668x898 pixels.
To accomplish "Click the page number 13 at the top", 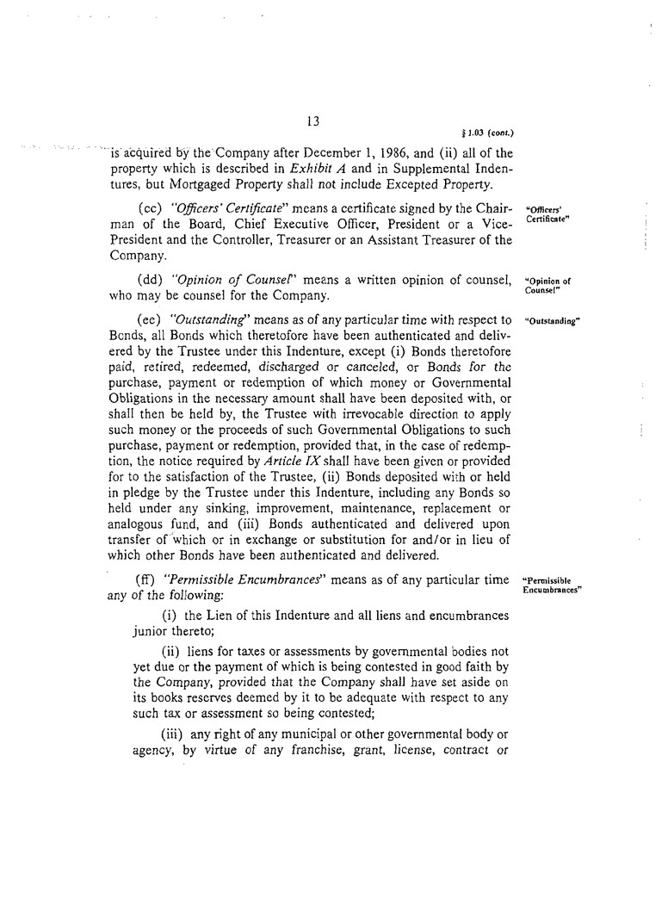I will click(x=312, y=122).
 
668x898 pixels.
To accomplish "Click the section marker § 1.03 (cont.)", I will click(x=488, y=133).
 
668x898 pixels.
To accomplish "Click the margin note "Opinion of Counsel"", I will click(x=547, y=285).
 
